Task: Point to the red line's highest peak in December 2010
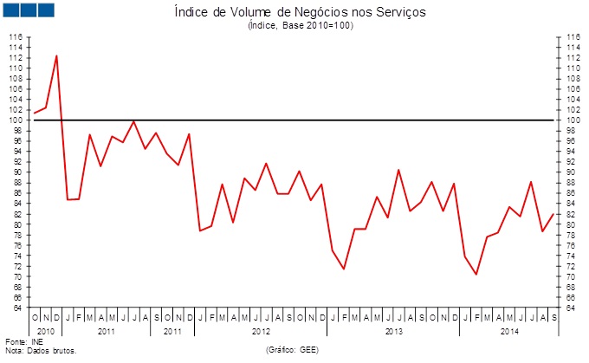click(x=57, y=55)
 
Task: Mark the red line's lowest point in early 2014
click(x=476, y=275)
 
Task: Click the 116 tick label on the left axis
click(x=15, y=37)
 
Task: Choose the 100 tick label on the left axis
click(x=15, y=120)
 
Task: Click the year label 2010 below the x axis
click(x=46, y=331)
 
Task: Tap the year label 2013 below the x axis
click(x=393, y=331)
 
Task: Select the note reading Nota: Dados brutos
click(x=41, y=352)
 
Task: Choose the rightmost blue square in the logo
click(x=46, y=10)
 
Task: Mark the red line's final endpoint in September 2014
click(x=553, y=214)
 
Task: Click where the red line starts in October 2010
click(x=35, y=113)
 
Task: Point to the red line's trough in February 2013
click(x=344, y=269)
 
